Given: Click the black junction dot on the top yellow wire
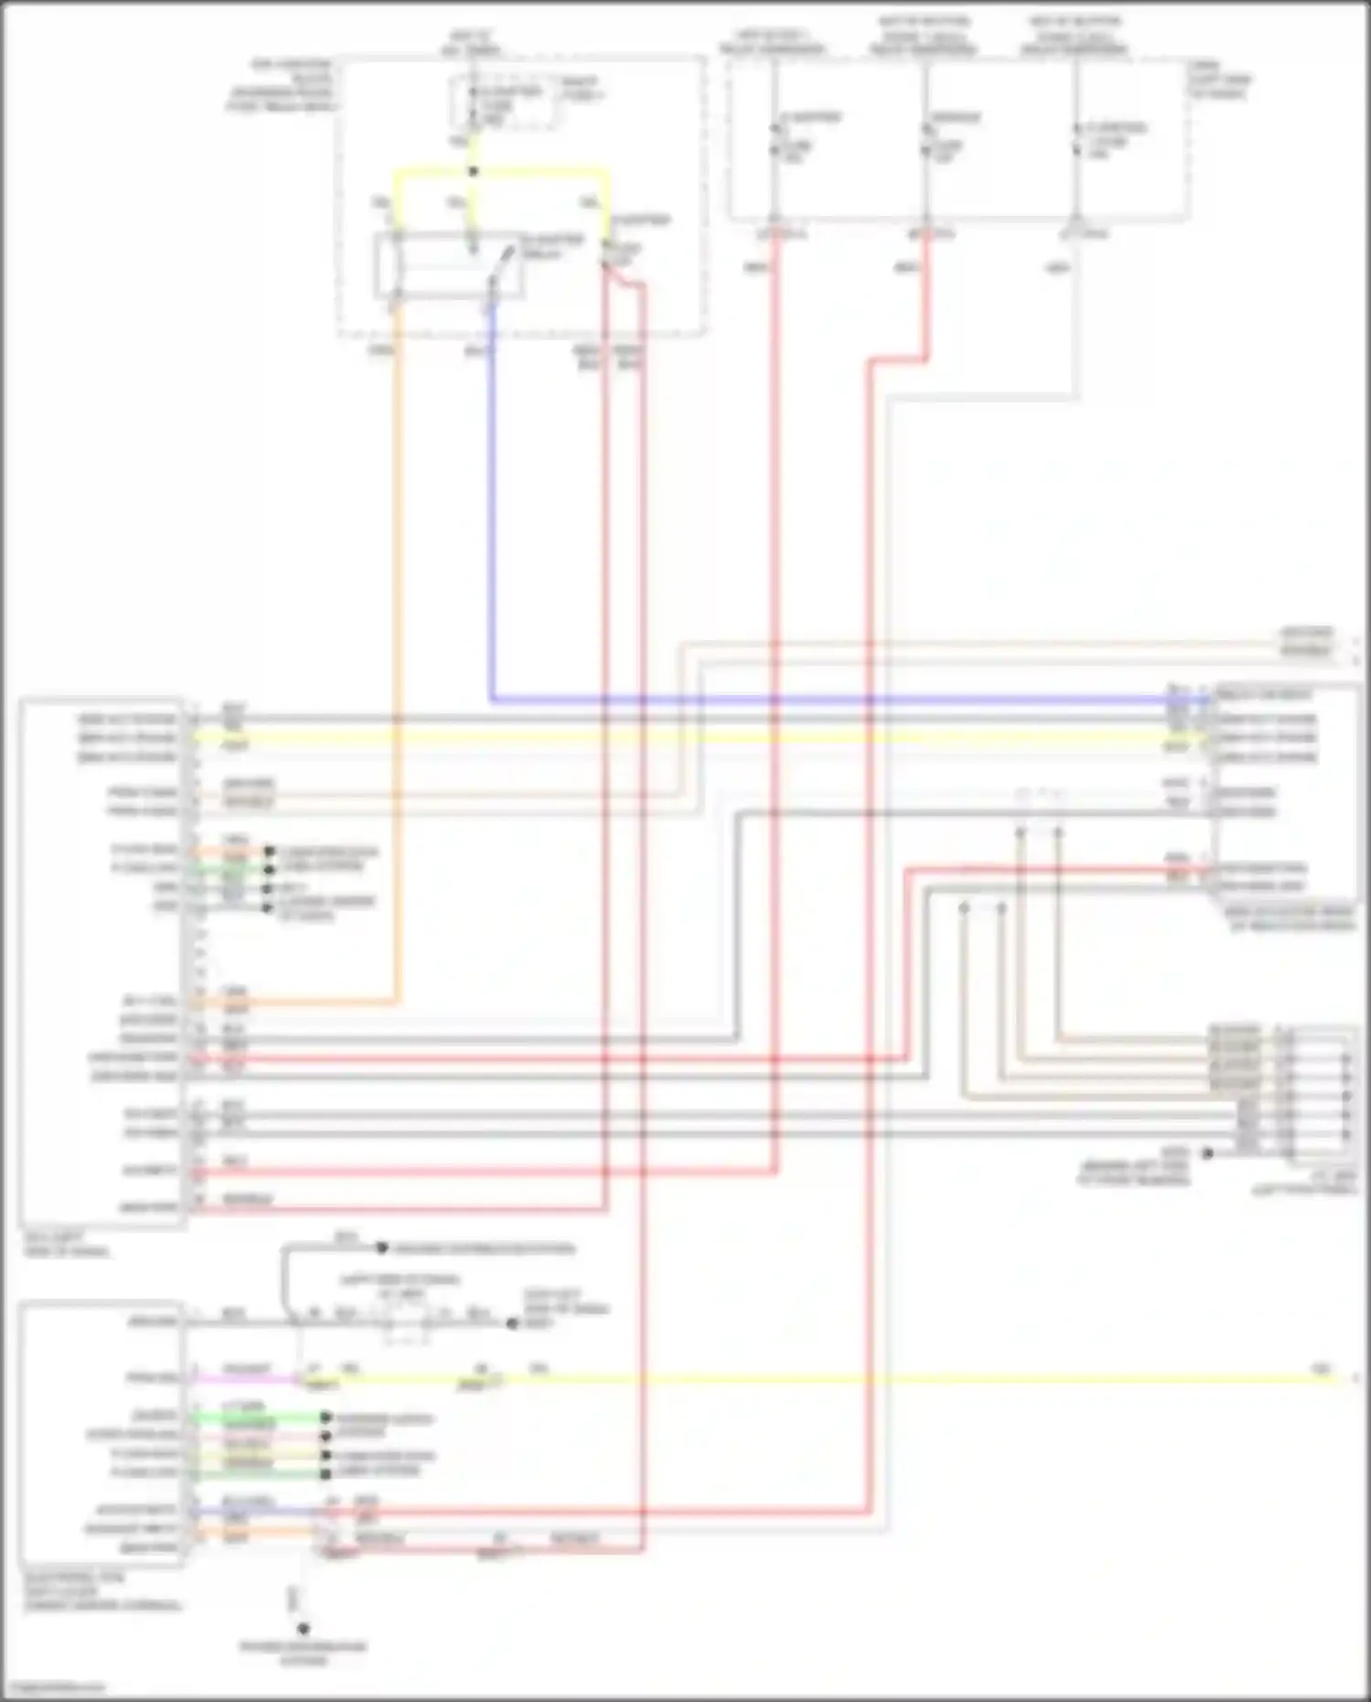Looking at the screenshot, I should point(473,171).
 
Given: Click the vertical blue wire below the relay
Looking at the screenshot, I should point(492,503).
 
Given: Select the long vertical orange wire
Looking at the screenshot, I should point(398,640).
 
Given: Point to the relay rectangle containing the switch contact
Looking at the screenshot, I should point(449,266).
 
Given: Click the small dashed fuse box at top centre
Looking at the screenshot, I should point(505,102).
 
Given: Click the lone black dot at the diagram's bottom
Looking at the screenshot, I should point(303,1629).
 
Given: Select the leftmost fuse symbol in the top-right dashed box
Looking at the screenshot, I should point(775,137).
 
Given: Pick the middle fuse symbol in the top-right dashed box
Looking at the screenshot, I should point(926,137).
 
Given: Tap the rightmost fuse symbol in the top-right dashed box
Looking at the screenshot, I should point(1078,142).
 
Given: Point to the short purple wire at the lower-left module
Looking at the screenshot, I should point(247,1511).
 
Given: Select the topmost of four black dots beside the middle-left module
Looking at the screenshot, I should point(269,851).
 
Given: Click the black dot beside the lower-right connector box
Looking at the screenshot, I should point(1206,1153).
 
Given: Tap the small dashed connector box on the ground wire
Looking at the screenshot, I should point(407,1324).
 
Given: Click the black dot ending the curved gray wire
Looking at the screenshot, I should point(382,1247).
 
